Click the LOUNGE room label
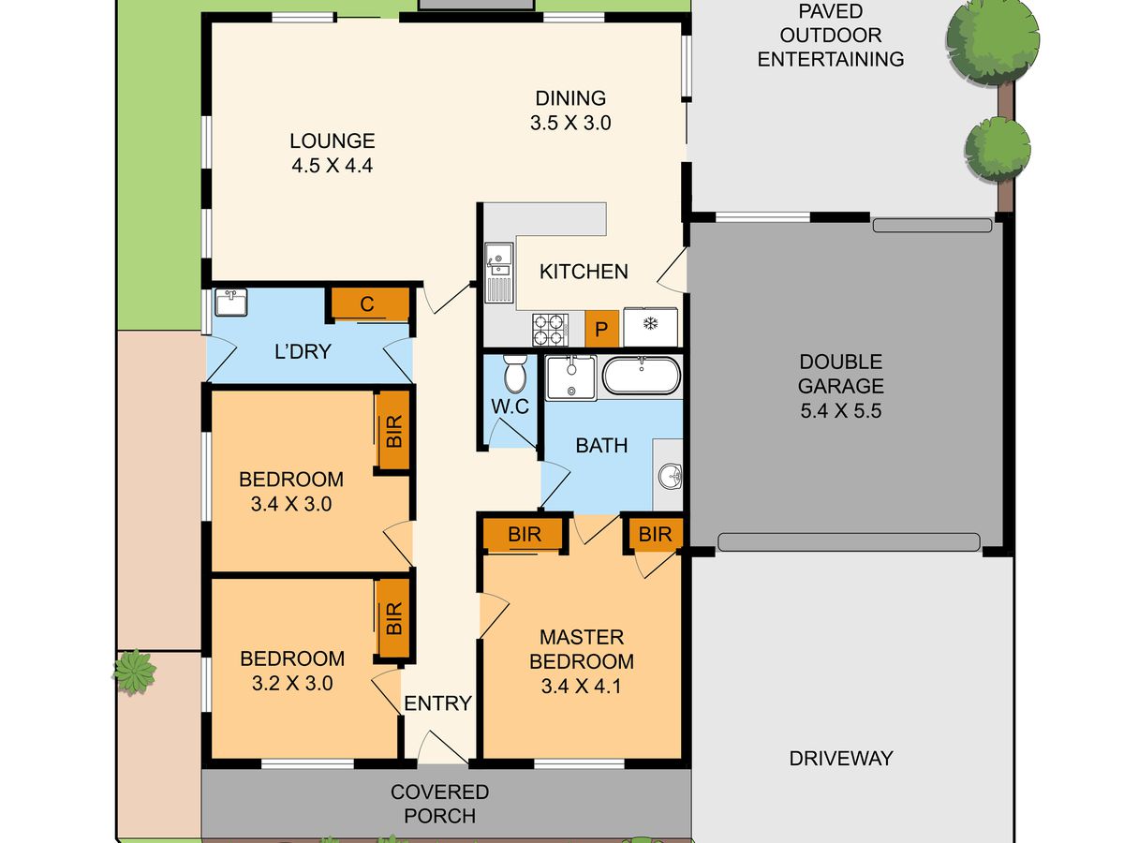[x=333, y=153]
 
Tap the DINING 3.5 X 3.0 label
[x=570, y=111]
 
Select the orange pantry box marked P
[x=601, y=329]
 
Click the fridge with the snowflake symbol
[x=650, y=327]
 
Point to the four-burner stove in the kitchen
[x=551, y=330]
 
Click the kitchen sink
[x=498, y=273]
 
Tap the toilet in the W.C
[x=515, y=374]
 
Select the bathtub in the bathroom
[x=642, y=376]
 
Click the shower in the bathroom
[x=571, y=377]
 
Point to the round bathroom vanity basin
[x=671, y=477]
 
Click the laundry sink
[x=231, y=302]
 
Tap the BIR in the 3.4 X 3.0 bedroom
[x=393, y=431]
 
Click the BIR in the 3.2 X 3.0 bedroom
[x=393, y=618]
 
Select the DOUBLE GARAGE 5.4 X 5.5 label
[x=841, y=386]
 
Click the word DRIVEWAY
[x=841, y=758]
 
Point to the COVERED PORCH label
[x=439, y=804]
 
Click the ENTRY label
[x=437, y=703]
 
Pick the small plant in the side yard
[x=134, y=672]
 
